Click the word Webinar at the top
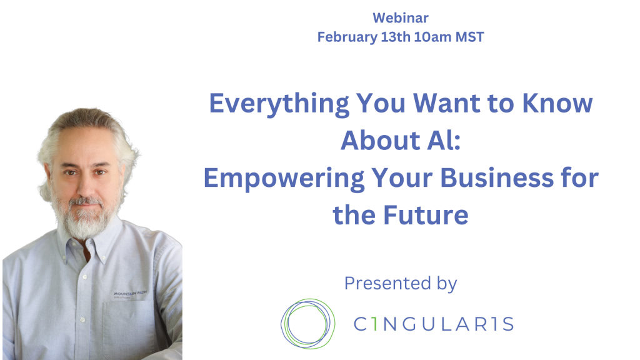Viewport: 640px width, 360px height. pos(401,18)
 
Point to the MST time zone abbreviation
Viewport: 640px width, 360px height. pos(470,37)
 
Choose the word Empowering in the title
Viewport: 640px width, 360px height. pos(284,179)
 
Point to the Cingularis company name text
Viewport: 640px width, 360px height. pos(433,324)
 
